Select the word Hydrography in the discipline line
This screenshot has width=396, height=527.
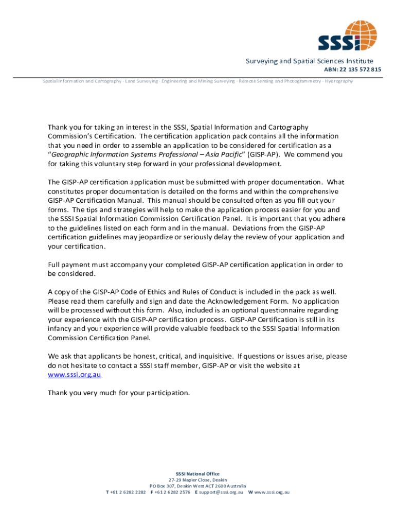[339, 81]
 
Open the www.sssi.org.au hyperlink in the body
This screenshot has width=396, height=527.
[74, 375]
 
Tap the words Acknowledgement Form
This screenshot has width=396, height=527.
[243, 301]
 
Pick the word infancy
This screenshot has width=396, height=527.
[61, 328]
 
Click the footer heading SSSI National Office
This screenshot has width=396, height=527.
[197, 474]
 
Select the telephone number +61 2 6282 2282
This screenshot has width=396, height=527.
[128, 493]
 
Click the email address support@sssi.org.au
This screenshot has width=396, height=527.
[222, 493]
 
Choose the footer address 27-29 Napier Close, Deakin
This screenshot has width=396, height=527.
[197, 480]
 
